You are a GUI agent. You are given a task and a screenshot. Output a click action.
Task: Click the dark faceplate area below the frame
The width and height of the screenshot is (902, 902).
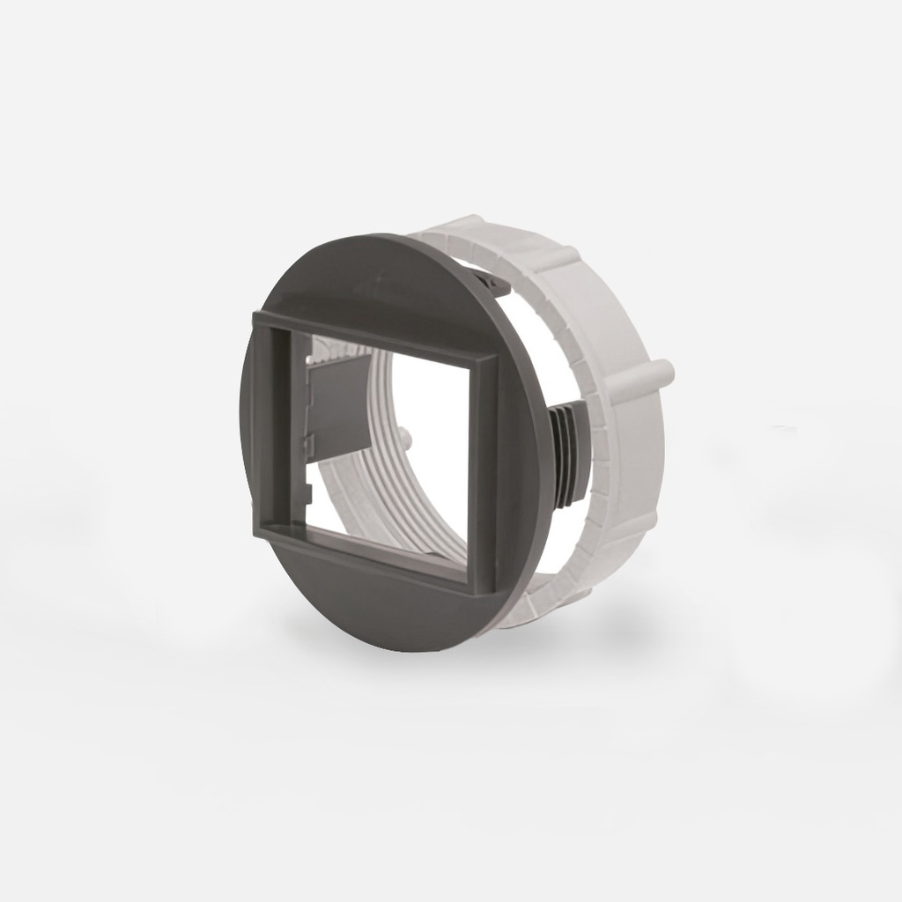point(379,608)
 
